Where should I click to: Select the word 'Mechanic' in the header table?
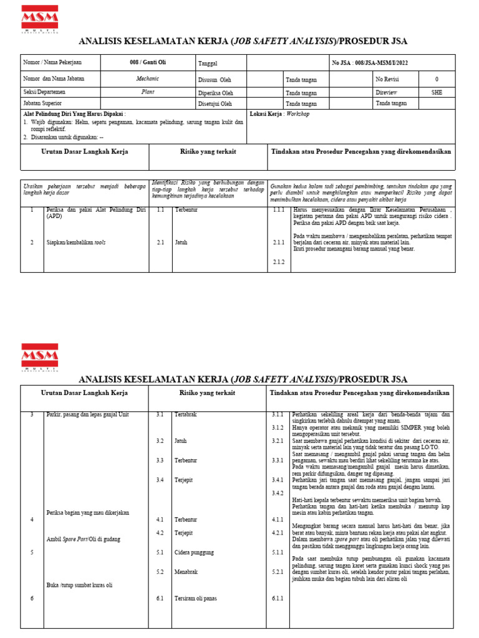click(x=148, y=79)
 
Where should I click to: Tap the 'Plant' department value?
click(x=148, y=91)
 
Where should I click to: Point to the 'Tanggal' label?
click(x=208, y=64)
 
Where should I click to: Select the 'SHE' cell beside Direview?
click(x=437, y=91)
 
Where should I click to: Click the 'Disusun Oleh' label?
click(x=215, y=80)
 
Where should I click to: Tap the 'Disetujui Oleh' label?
click(x=215, y=103)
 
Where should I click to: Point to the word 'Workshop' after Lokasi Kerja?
click(x=298, y=115)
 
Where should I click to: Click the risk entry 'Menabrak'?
click(x=186, y=571)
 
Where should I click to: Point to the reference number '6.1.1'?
click(x=278, y=599)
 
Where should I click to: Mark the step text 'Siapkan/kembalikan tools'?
click(x=76, y=242)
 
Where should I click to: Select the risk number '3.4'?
click(x=160, y=480)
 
